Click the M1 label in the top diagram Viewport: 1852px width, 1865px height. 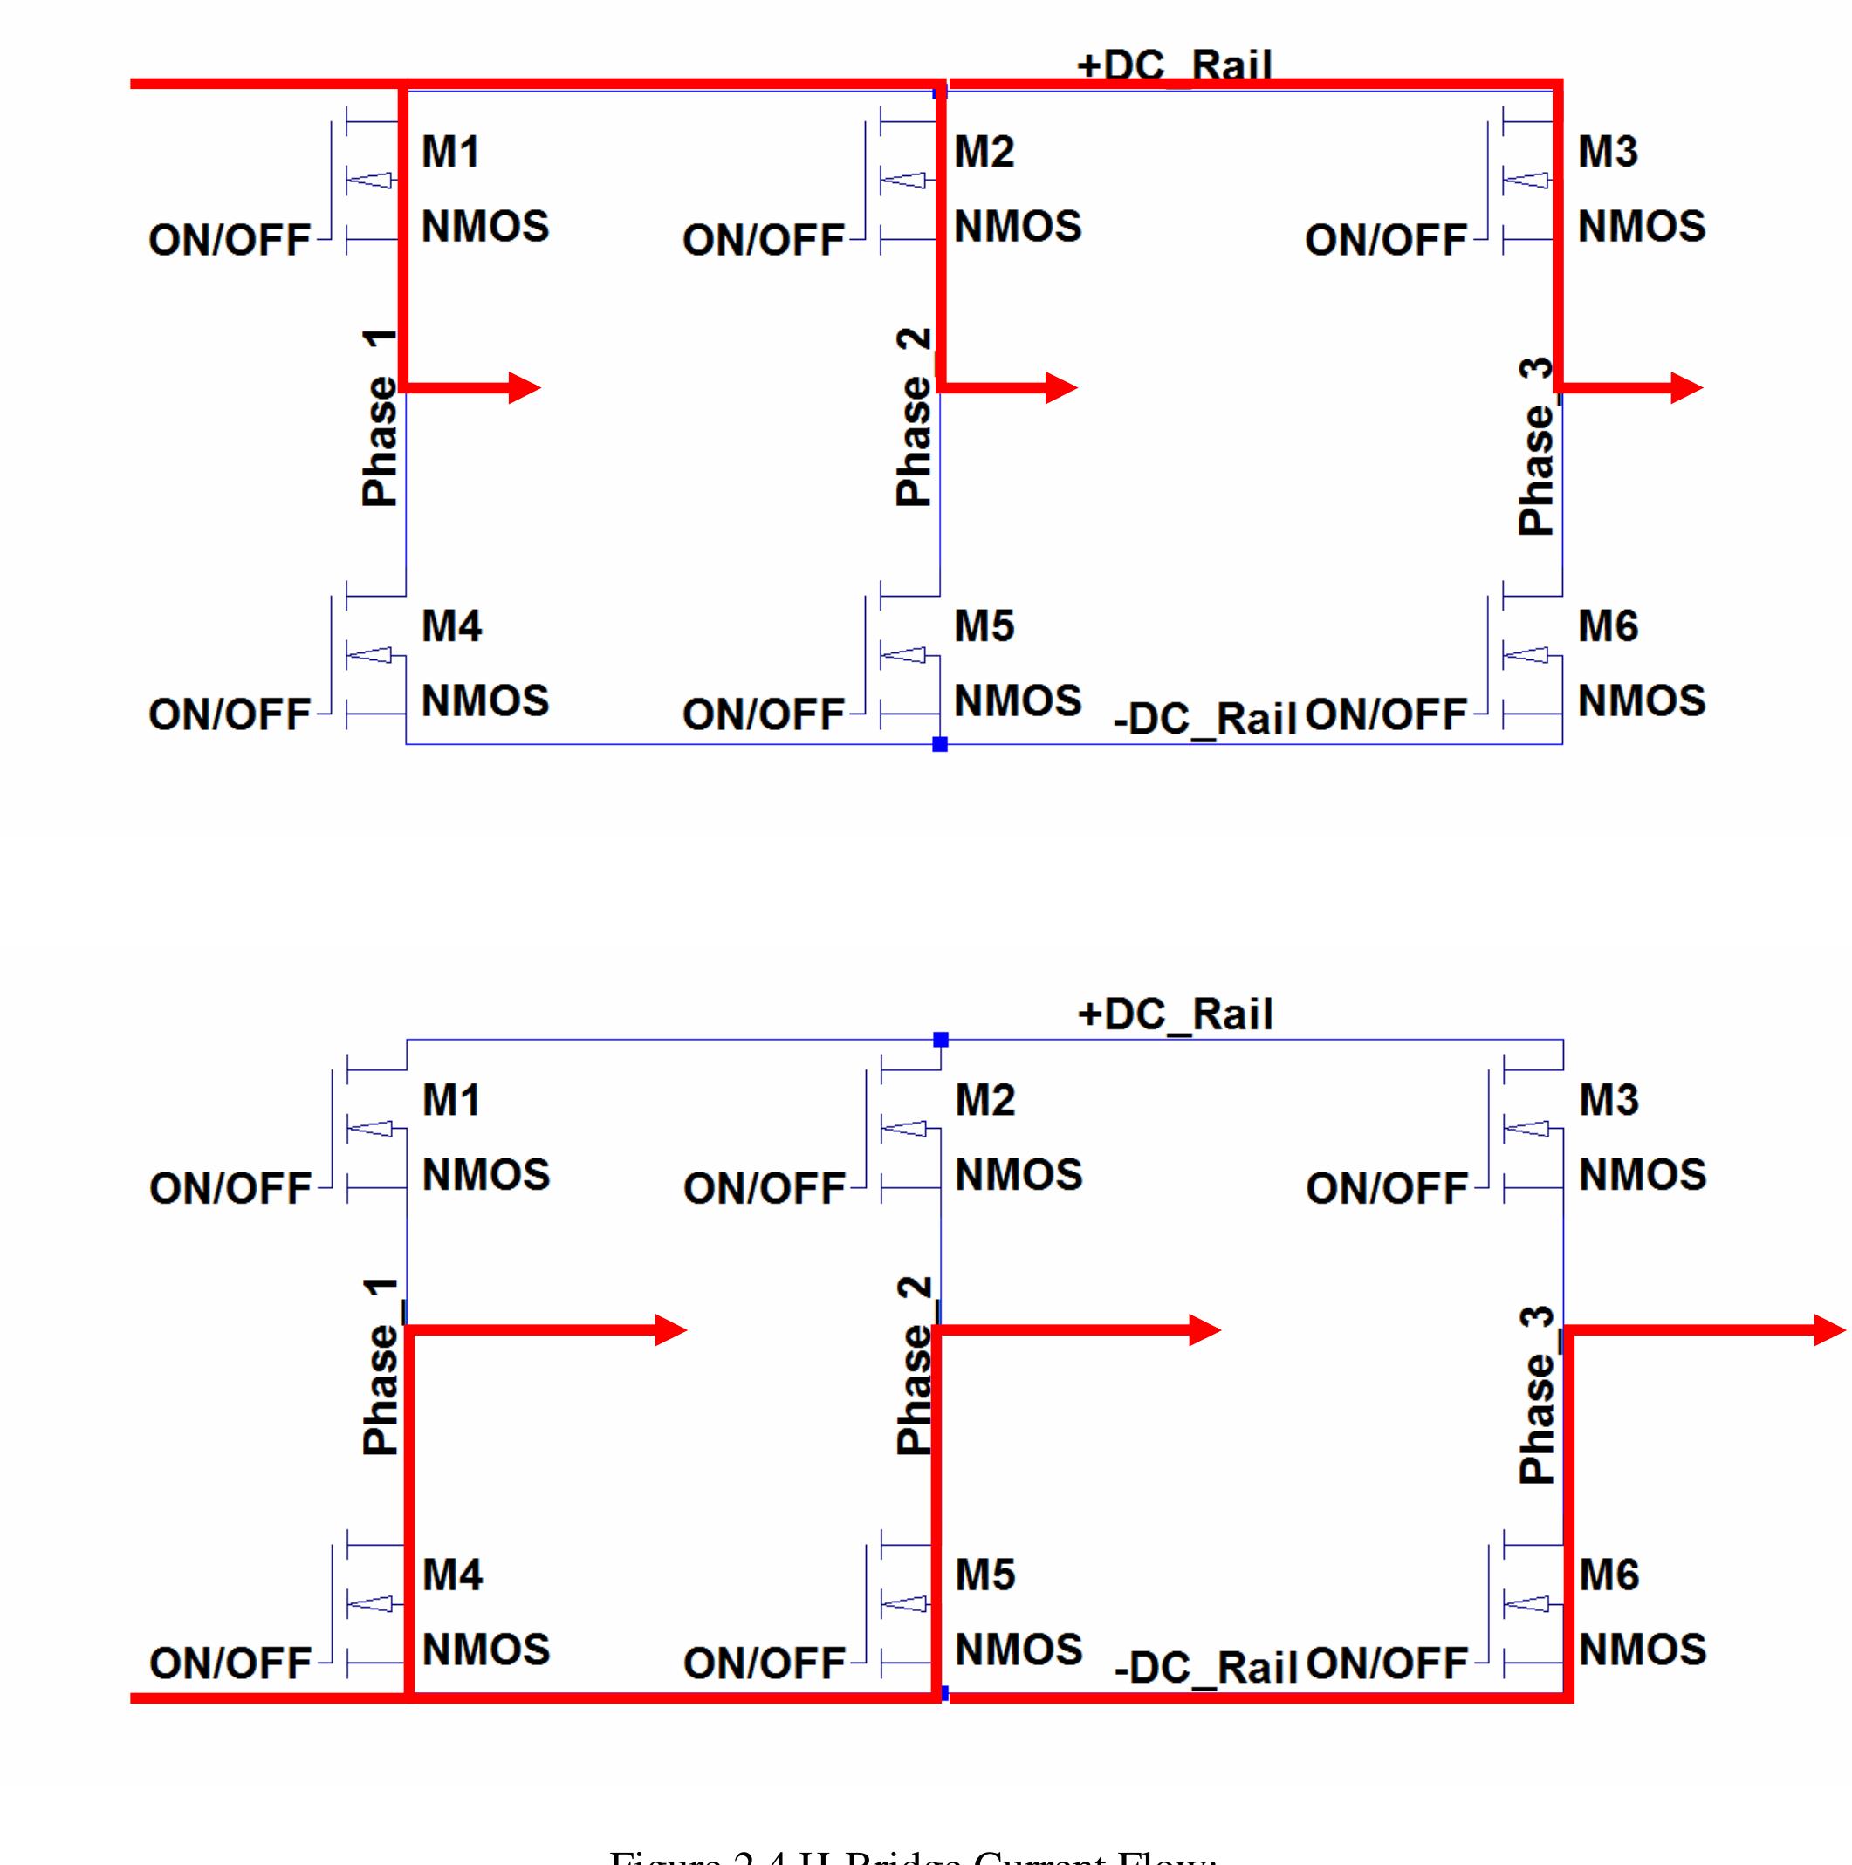pyautogui.click(x=451, y=153)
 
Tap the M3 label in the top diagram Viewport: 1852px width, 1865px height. pyautogui.click(x=1608, y=153)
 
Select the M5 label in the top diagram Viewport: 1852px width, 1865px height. pyautogui.click(x=984, y=626)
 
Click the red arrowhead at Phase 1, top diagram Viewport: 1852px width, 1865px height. pyautogui.click(x=525, y=388)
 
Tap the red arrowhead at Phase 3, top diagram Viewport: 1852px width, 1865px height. pyautogui.click(x=1687, y=388)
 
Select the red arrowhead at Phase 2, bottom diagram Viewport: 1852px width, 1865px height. pyautogui.click(x=1205, y=1330)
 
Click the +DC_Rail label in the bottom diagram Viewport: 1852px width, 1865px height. pyautogui.click(x=1175, y=1014)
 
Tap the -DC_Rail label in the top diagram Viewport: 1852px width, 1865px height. pyautogui.click(x=1204, y=719)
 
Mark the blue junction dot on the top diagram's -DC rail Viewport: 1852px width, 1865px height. pyautogui.click(x=939, y=744)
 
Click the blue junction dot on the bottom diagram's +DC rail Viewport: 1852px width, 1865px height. pyautogui.click(x=941, y=1040)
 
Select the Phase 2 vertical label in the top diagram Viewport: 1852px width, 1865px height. pyautogui.click(x=914, y=417)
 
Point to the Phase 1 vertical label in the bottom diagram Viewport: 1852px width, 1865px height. pyautogui.click(x=381, y=1366)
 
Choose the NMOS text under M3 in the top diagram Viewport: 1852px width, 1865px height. pyautogui.click(x=1642, y=227)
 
